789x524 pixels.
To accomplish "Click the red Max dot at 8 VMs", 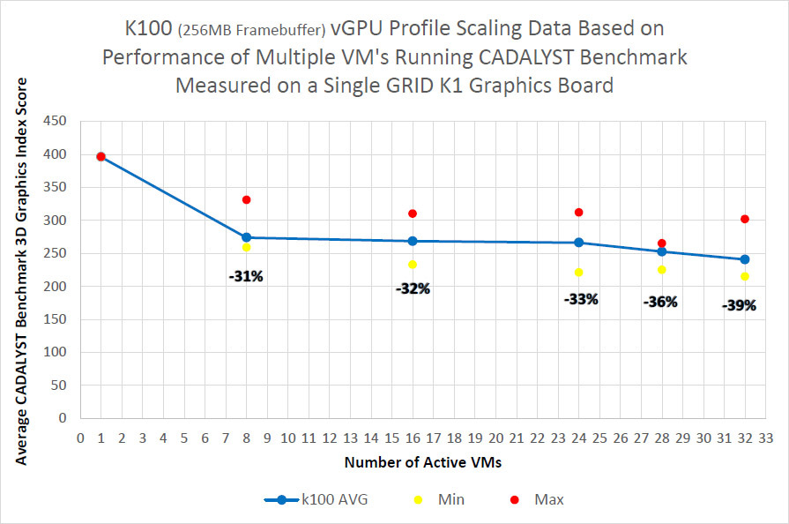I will (247, 200).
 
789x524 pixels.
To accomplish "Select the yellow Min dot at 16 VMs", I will (413, 265).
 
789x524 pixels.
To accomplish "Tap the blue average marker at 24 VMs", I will (578, 243).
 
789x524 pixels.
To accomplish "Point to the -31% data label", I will (247, 277).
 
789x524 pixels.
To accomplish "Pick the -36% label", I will (660, 302).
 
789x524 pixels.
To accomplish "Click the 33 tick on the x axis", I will (765, 437).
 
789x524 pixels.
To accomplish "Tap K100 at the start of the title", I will (151, 29).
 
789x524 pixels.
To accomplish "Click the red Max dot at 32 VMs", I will (745, 219).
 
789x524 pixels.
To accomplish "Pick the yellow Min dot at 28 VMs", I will (661, 270).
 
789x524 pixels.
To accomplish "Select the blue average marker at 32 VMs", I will (745, 259).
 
